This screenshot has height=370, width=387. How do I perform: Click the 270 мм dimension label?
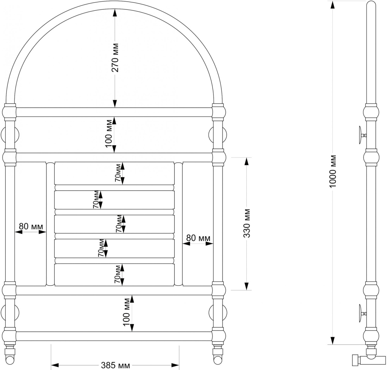115,57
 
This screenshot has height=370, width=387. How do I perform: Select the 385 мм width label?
115,365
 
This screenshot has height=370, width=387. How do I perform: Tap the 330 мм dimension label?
247,224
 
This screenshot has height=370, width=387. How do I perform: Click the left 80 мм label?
31,226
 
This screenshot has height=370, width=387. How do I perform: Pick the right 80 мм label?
198,238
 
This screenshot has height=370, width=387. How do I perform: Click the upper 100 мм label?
109,134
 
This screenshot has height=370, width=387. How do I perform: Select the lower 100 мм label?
126,312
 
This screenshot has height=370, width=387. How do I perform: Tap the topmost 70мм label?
118,173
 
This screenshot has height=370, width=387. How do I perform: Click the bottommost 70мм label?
117,274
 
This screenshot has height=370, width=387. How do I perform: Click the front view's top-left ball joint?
9,112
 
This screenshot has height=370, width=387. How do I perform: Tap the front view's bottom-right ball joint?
219,336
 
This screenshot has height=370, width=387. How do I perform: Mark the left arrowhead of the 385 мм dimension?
55,365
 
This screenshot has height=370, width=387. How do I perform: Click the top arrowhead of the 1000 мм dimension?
332,5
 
